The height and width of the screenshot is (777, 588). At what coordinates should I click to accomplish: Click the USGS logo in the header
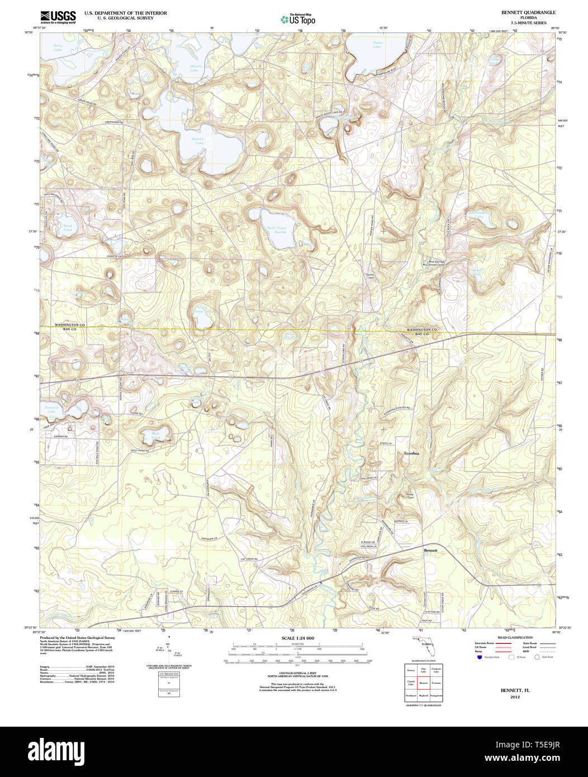(x=58, y=17)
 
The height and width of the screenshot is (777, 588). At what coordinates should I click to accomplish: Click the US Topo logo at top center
(x=298, y=20)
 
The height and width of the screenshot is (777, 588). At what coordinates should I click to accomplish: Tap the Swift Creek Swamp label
(x=276, y=230)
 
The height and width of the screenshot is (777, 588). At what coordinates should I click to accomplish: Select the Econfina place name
(x=411, y=453)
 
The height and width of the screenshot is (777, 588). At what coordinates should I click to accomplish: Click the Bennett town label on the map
(x=430, y=551)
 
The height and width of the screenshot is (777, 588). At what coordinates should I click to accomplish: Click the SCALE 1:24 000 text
(x=297, y=638)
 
